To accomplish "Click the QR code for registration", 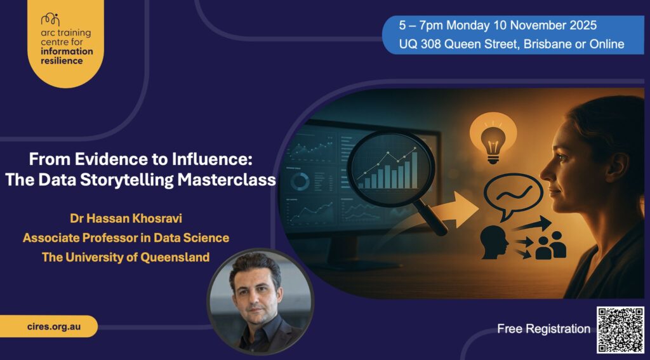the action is (x=621, y=330).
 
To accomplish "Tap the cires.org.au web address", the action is (x=53, y=326).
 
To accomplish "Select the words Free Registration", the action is (x=543, y=329).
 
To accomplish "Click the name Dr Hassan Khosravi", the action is (x=126, y=218).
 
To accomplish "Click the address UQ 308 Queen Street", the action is (x=458, y=44).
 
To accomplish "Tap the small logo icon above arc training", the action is (x=51, y=20).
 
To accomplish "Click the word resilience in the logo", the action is (x=62, y=61).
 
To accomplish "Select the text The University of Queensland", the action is (x=126, y=257).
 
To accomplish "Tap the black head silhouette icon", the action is (x=494, y=243).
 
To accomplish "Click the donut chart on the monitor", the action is (x=300, y=182).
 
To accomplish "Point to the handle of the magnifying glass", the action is (x=431, y=216).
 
